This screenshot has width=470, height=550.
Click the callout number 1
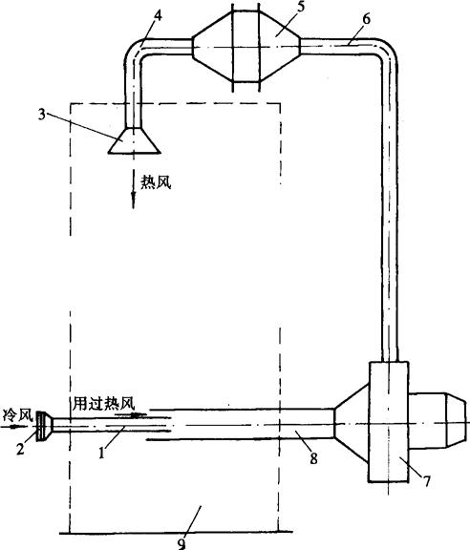coord(102,454)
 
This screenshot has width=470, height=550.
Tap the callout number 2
coord(21,449)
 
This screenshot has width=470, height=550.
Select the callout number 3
coord(42,115)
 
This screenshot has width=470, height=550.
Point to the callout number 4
coord(159,16)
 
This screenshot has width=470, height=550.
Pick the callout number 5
coord(300,8)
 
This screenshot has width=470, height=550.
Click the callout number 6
coord(366,19)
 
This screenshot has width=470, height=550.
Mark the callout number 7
coord(426,481)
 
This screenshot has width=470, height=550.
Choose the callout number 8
coord(313,458)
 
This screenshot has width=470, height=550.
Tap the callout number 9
coord(182,543)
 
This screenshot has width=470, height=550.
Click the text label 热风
coord(156,182)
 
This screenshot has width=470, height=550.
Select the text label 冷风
coord(18,415)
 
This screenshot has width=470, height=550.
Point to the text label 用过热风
coord(104,404)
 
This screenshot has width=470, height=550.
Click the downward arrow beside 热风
coord(134,189)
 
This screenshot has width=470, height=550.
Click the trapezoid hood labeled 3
coord(134,140)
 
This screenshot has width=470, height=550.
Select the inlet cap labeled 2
coord(44,426)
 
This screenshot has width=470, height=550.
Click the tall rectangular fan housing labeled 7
coord(389,422)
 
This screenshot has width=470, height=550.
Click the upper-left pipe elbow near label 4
coord(136,52)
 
